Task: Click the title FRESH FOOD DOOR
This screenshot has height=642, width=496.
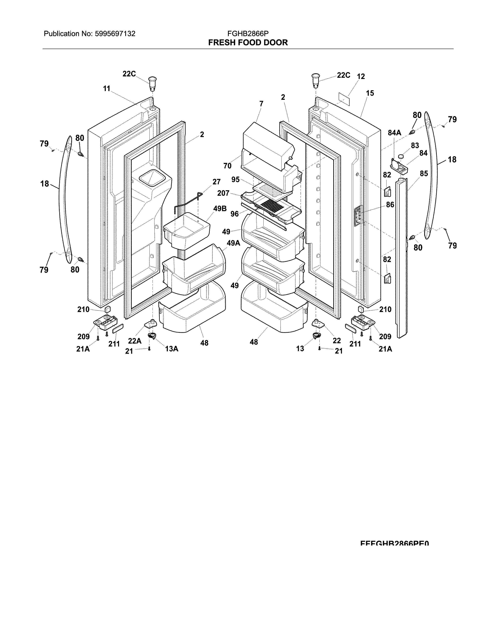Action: (x=248, y=43)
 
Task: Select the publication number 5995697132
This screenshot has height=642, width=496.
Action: (x=115, y=34)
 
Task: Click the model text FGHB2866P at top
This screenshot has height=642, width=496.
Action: (x=248, y=34)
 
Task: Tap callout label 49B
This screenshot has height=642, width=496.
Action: (x=220, y=209)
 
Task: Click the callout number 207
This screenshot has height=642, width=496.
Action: (x=223, y=193)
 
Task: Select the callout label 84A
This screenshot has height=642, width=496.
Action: (x=394, y=133)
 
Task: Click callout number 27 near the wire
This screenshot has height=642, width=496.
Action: (x=216, y=182)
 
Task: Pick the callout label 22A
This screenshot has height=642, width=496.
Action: (x=135, y=341)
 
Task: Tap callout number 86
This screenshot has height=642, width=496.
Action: (x=390, y=205)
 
